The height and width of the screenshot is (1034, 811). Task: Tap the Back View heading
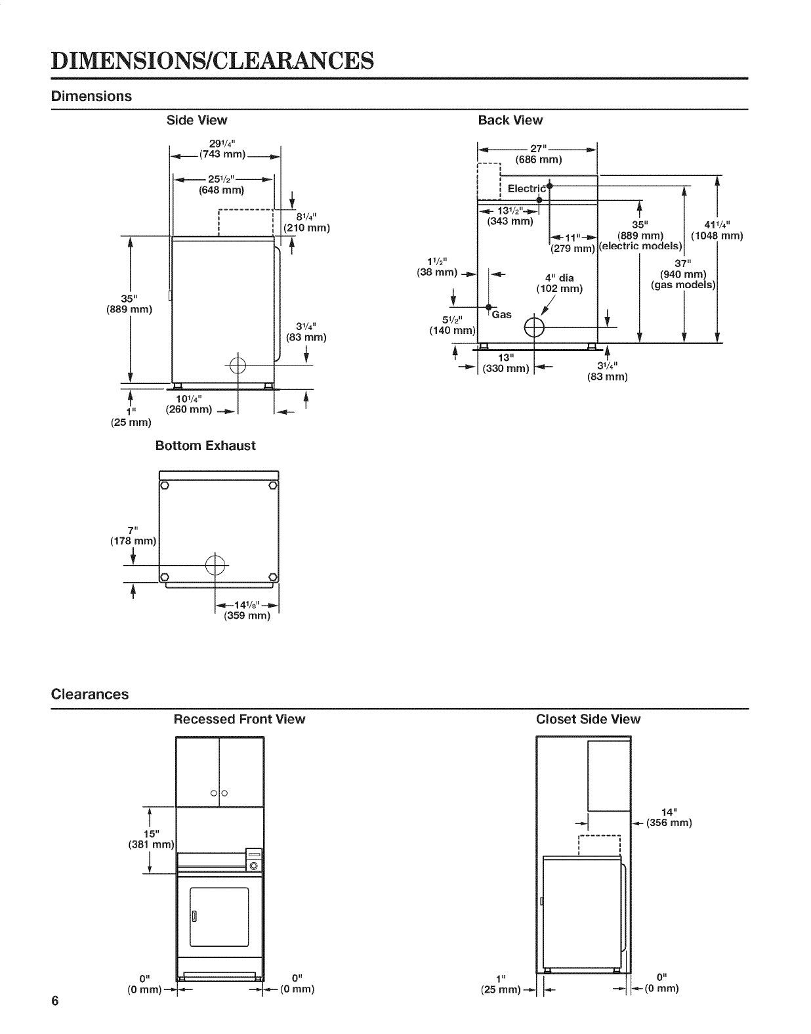[x=510, y=120]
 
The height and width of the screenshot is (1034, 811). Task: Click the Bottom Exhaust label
[x=205, y=445]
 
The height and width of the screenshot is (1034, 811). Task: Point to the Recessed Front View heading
[x=239, y=719]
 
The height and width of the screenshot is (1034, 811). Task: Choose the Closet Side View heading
[x=588, y=719]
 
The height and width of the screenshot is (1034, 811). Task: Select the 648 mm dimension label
[x=221, y=191]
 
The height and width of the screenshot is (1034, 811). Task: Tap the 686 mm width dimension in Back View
[x=539, y=159]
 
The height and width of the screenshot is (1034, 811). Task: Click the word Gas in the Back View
[x=502, y=315]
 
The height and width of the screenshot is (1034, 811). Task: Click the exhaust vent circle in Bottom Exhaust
[x=215, y=564]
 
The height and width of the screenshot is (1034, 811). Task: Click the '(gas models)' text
[x=682, y=285]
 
